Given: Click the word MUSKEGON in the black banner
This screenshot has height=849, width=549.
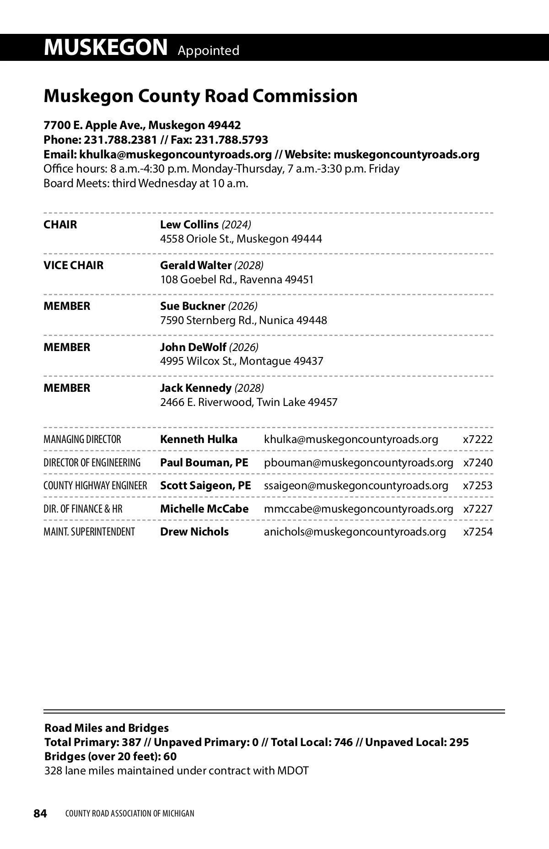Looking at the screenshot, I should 106,48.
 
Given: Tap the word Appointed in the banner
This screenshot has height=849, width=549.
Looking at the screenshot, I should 208,50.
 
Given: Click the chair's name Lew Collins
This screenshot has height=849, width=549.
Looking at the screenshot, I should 189,225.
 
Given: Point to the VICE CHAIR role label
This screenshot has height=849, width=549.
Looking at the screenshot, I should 73,265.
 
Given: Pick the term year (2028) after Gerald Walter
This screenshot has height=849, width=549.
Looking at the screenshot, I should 249,265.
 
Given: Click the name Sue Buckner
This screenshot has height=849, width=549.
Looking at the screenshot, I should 193,306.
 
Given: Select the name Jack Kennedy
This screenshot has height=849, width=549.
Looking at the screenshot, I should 195,388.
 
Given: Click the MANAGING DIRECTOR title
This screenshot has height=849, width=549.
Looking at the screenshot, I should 82,439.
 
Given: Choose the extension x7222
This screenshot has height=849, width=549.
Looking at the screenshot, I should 478,439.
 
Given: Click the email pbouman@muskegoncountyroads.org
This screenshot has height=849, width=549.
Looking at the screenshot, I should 358,463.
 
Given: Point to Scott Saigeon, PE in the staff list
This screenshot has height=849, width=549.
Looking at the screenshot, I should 205,486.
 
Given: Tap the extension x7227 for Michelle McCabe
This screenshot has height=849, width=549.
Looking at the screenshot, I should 478,509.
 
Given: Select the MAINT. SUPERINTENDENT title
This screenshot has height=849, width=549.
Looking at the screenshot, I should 89,532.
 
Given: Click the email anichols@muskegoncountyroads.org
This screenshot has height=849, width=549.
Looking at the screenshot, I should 355,532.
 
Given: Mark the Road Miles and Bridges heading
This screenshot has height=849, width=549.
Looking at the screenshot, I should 106,728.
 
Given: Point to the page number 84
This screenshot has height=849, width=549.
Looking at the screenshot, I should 40,813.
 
